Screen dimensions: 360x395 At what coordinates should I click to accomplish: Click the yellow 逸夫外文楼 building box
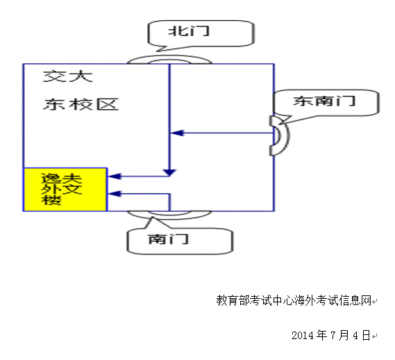pyautogui.click(x=65, y=189)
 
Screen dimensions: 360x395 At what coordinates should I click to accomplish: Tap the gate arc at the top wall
pyautogui.click(x=169, y=60)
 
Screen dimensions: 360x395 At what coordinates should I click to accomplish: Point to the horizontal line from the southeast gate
pyautogui.click(x=222, y=133)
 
